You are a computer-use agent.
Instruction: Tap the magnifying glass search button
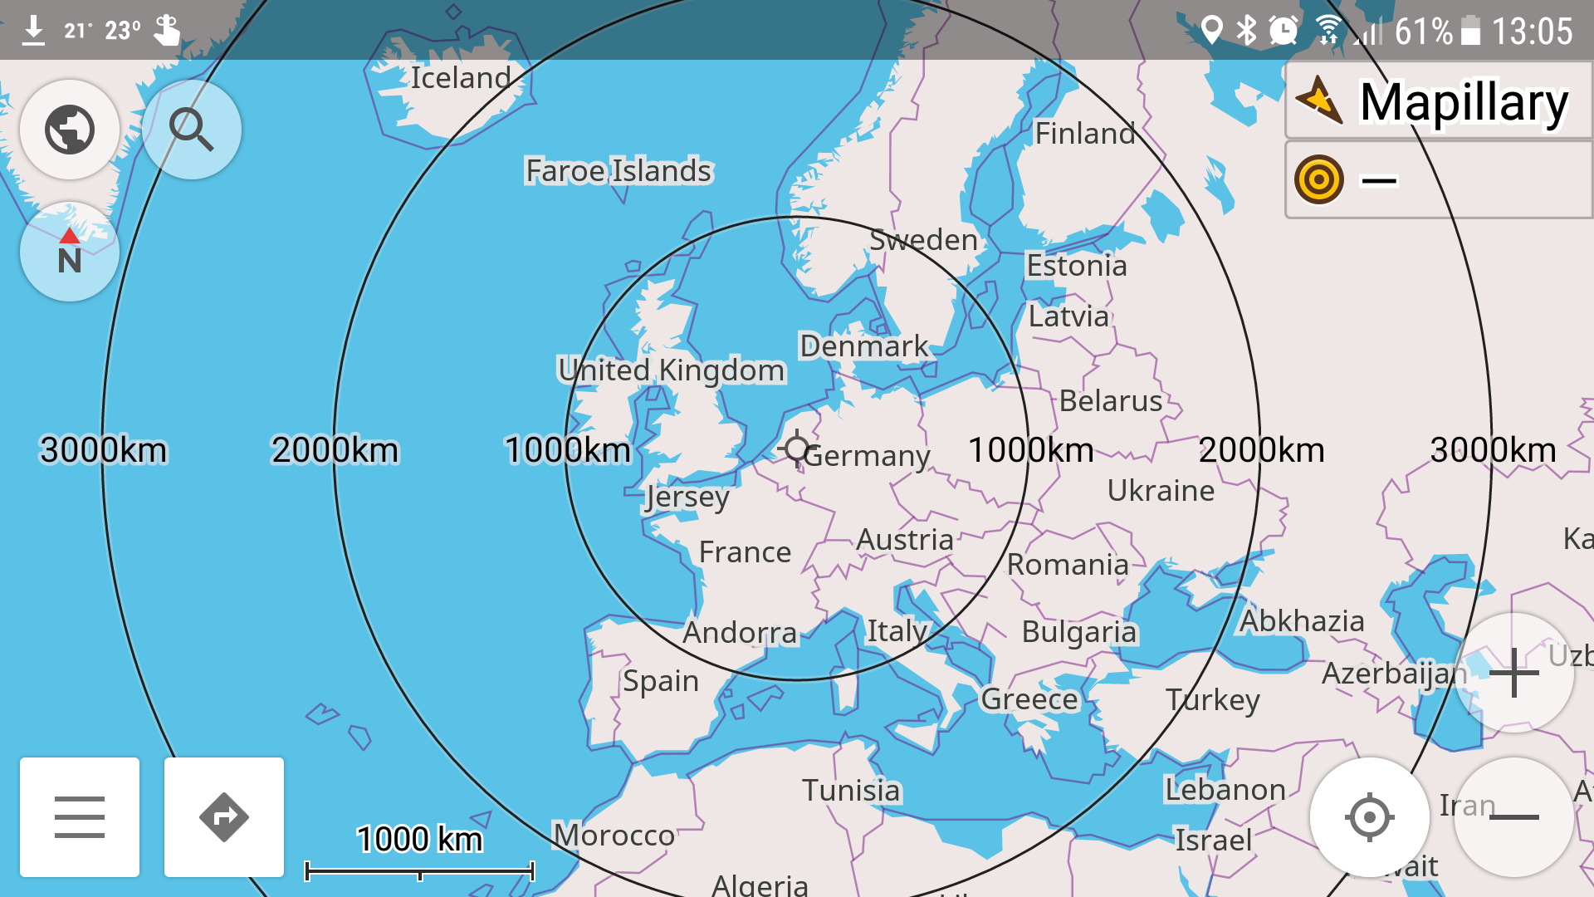coord(192,130)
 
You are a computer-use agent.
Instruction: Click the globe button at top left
coord(70,130)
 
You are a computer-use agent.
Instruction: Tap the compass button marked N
coord(70,252)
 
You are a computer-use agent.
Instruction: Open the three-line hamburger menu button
coord(80,817)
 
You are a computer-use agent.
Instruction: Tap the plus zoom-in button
coord(1514,673)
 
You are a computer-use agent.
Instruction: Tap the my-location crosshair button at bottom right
coord(1370,817)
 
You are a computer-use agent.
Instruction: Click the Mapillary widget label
coord(1463,103)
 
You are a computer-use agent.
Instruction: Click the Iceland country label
coord(461,78)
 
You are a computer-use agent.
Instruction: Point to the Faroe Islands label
coord(619,171)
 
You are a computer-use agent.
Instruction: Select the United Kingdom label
coord(671,370)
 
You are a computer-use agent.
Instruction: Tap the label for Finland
coord(1085,133)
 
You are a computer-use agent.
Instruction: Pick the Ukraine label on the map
coord(1161,491)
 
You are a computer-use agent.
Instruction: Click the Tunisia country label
coord(851,791)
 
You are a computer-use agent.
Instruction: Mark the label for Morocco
coord(614,835)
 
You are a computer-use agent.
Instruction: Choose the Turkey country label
coord(1212,700)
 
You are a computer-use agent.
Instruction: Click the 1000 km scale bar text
coord(419,839)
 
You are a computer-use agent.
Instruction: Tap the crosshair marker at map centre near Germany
coord(797,449)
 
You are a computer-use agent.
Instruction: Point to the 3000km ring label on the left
coord(103,450)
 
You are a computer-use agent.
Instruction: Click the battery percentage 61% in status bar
coord(1423,32)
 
